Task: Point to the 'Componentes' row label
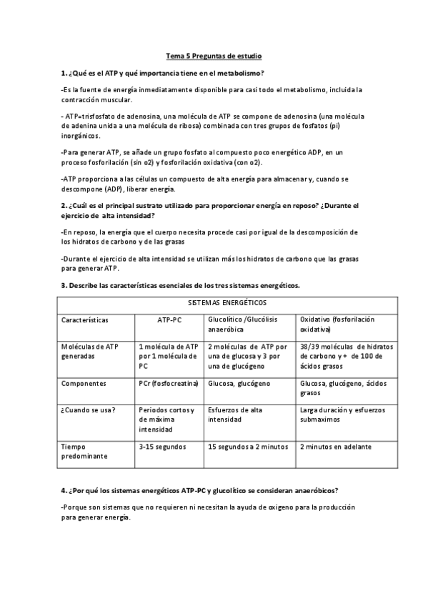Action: pyautogui.click(x=84, y=383)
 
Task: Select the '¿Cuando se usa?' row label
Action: pyautogui.click(x=89, y=409)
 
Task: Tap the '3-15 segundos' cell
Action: pyautogui.click(x=162, y=446)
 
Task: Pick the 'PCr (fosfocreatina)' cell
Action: pyautogui.click(x=168, y=383)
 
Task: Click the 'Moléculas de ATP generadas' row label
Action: pyautogui.click(x=90, y=351)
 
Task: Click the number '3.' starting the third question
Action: pyautogui.click(x=64, y=285)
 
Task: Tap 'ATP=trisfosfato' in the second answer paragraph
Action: pyautogui.click(x=89, y=116)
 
